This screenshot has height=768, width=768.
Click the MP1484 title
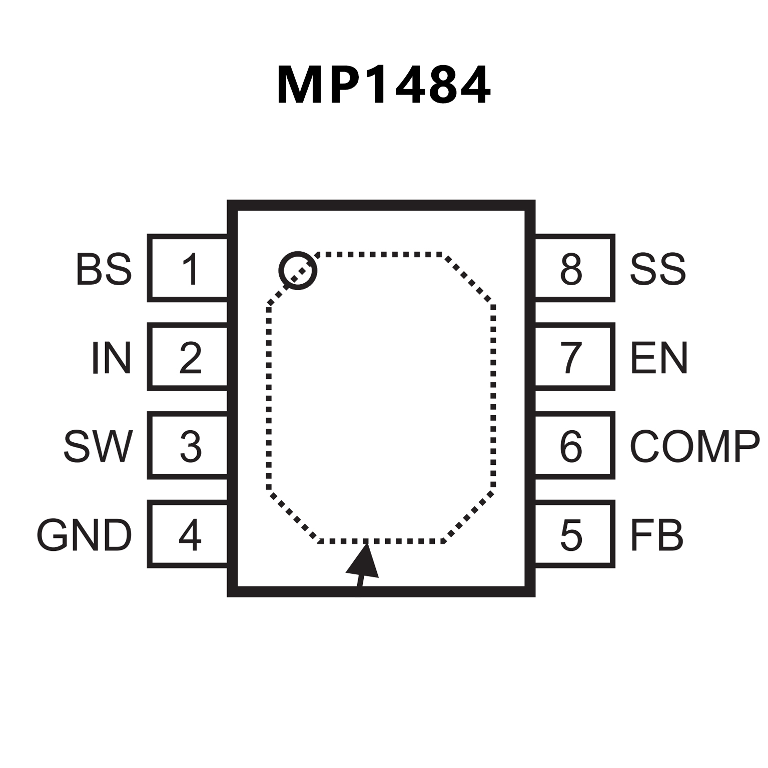384,85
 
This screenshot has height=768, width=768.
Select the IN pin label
111,358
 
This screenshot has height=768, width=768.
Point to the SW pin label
98,446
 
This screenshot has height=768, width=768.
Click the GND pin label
84,535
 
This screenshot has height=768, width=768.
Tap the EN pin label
659,358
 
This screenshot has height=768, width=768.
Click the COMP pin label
694,446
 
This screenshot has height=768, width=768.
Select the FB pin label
656,535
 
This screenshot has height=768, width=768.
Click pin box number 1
189,268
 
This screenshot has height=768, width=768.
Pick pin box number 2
189,357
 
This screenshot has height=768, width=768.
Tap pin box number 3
189,445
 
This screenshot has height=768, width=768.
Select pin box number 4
189,534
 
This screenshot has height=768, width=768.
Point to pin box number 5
574,534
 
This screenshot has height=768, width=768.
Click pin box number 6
574,445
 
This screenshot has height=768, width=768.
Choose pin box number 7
574,357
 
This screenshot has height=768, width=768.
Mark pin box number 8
574,268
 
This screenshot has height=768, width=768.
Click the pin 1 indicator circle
298,270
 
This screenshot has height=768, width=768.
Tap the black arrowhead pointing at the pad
363,563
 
